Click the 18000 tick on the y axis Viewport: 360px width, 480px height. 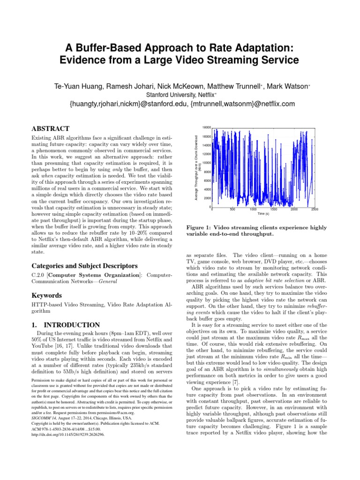207,127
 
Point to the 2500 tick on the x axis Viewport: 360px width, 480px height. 315,210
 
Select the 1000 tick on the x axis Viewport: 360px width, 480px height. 253,210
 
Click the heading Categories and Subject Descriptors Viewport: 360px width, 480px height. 78,266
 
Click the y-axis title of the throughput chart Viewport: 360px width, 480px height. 197,167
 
